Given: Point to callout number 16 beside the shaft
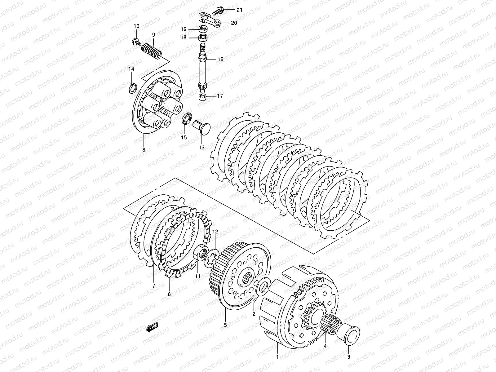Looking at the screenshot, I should pyautogui.click(x=220, y=59).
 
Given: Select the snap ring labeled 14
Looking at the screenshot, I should pyautogui.click(x=132, y=88).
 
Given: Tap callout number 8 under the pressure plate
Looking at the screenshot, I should pyautogui.click(x=144, y=150).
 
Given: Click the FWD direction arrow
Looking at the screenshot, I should pyautogui.click(x=152, y=328).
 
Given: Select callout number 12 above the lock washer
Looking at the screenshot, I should pyautogui.click(x=215, y=231).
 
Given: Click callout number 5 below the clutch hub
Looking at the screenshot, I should pyautogui.click(x=225, y=325).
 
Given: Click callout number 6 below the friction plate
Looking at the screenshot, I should pyautogui.click(x=169, y=294).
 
